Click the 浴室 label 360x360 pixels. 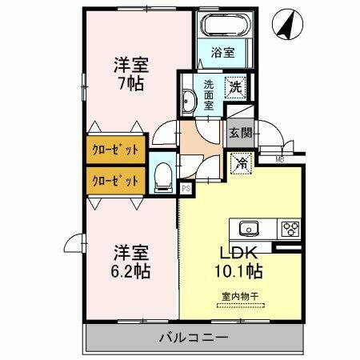223,53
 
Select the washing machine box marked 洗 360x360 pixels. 237,86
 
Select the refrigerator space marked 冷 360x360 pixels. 239,162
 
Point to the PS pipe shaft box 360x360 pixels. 186,189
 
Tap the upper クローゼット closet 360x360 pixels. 113,150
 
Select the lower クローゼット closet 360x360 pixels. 113,180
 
